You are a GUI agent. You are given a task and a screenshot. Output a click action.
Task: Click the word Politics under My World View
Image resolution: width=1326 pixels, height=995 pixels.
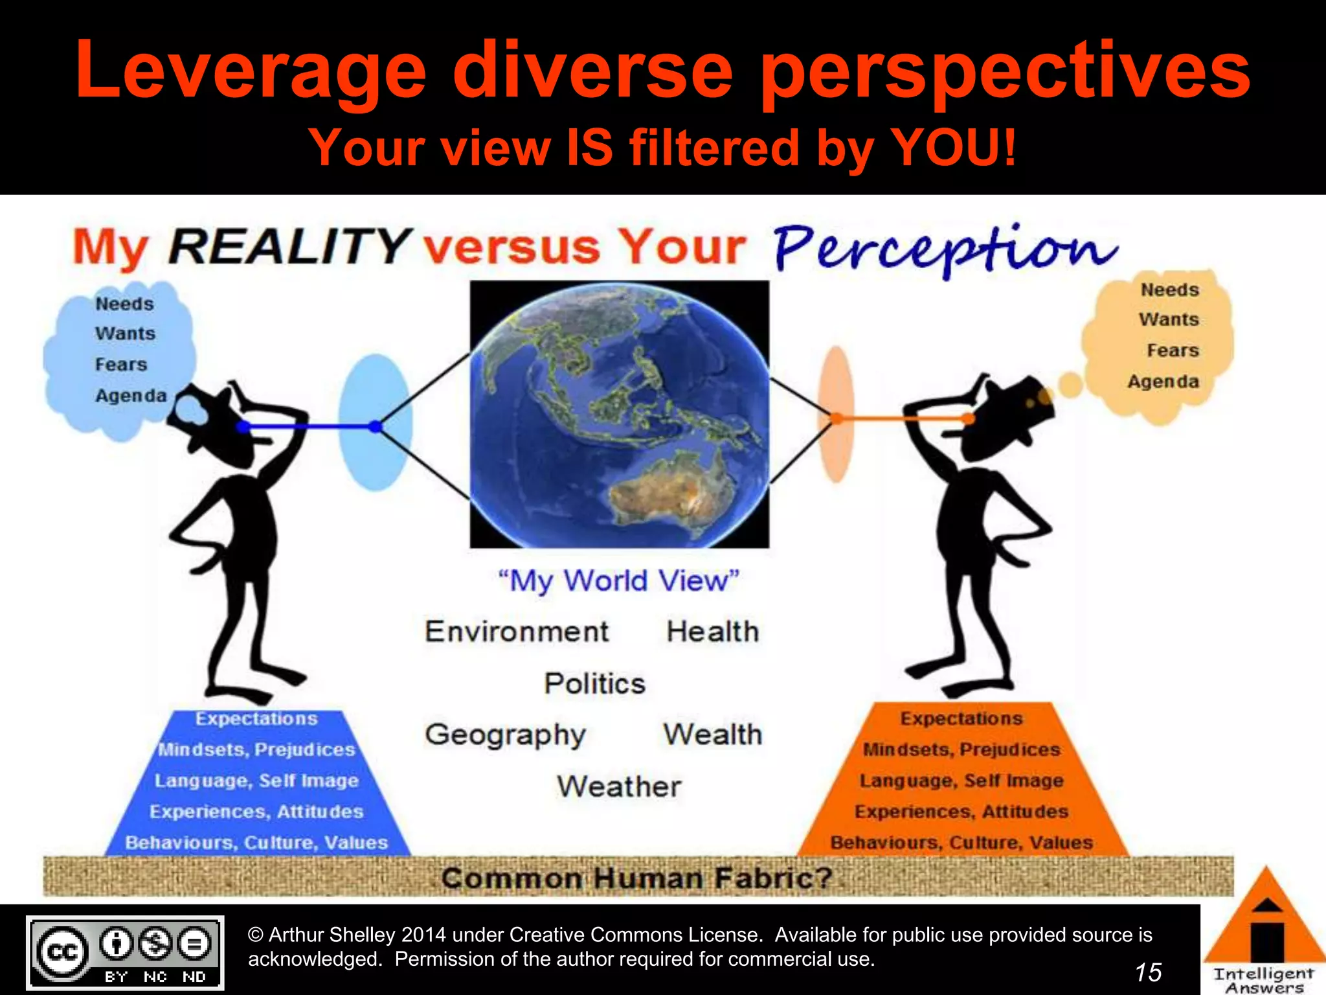(x=594, y=684)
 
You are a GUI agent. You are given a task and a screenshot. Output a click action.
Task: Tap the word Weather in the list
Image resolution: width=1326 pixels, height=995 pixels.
(x=619, y=786)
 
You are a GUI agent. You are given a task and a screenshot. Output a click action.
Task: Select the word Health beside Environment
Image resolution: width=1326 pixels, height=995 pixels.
(x=712, y=632)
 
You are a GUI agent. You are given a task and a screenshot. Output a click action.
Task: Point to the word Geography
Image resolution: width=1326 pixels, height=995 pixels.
(x=505, y=735)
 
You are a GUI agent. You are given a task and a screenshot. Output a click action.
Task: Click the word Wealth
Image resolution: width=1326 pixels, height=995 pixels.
(x=712, y=735)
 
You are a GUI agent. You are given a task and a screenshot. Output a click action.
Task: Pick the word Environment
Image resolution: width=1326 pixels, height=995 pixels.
(x=517, y=632)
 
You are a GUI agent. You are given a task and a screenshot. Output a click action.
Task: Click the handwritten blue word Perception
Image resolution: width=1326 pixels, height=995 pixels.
(x=945, y=249)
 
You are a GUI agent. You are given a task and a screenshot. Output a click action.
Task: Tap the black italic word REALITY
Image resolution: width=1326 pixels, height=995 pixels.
(x=289, y=247)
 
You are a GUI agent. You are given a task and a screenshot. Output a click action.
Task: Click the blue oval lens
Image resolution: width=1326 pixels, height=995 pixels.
(x=375, y=422)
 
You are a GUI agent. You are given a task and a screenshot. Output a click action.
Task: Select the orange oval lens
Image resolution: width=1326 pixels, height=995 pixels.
(x=837, y=415)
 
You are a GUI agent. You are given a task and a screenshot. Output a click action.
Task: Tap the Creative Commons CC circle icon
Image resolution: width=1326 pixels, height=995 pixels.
(x=62, y=952)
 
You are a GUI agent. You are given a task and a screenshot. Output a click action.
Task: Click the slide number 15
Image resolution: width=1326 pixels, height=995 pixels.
(x=1148, y=972)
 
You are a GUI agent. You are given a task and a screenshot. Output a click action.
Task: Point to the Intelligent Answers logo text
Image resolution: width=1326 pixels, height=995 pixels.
(x=1263, y=979)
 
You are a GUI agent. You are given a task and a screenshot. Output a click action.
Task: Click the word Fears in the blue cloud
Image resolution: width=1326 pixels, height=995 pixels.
(x=121, y=365)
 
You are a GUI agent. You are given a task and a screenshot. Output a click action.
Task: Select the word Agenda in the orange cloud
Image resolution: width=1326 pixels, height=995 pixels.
(x=1163, y=382)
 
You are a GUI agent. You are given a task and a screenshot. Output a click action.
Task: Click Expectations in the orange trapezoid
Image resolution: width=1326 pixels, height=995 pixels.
(x=961, y=718)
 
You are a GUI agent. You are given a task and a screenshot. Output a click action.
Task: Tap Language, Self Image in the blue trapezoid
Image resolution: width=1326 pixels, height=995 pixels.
(x=256, y=781)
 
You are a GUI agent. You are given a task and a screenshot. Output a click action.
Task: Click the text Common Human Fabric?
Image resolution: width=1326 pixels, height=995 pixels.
(x=636, y=878)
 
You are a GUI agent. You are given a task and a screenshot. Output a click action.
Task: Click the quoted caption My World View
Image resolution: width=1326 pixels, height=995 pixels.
(x=618, y=580)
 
